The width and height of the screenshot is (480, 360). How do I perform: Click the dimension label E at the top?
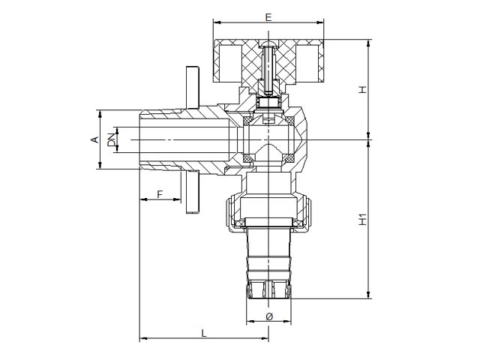[268, 17]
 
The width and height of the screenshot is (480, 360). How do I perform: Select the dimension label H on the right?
[362, 90]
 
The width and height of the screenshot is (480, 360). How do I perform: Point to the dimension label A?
[95, 139]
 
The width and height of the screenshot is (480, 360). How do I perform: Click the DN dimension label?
[112, 139]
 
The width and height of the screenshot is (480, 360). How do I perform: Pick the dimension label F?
[160, 194]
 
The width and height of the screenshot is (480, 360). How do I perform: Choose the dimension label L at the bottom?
[204, 333]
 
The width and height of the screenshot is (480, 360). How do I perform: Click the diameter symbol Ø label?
[269, 316]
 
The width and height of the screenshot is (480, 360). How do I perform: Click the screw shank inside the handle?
[268, 70]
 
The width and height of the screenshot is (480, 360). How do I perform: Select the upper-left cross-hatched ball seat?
[247, 120]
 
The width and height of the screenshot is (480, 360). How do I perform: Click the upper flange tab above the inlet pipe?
[193, 88]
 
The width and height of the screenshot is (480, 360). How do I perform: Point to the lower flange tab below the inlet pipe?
[193, 192]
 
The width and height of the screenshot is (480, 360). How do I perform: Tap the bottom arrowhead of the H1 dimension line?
[368, 295]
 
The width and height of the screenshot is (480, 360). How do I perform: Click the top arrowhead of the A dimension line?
[99, 113]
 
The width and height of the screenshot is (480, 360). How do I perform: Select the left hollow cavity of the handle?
[231, 64]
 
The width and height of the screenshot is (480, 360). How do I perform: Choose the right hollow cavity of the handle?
[307, 64]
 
